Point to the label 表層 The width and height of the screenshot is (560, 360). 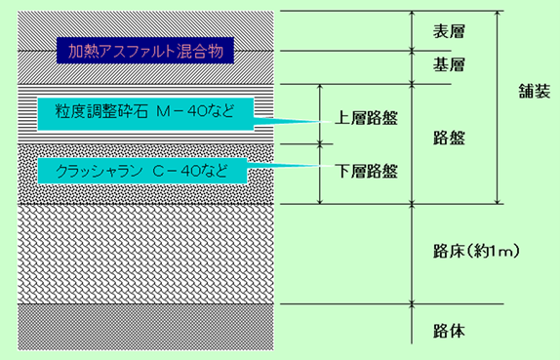(447, 32)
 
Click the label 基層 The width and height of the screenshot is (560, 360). (447, 65)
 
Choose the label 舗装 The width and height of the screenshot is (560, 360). (535, 92)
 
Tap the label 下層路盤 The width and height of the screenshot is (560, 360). (366, 171)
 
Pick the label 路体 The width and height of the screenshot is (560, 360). (447, 330)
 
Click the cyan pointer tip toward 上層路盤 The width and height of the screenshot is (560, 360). (318, 121)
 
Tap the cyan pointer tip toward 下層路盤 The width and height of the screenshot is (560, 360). (318, 166)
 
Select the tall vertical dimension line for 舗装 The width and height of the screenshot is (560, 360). (499, 107)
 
